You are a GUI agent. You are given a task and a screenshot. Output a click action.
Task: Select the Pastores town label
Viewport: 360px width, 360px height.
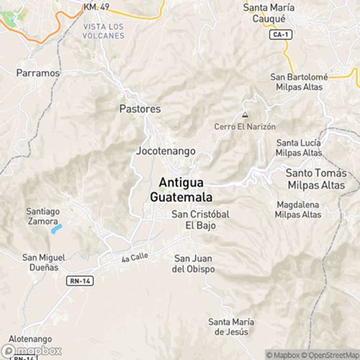[x=140, y=109]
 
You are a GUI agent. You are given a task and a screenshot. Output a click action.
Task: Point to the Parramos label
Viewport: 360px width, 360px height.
[x=37, y=73]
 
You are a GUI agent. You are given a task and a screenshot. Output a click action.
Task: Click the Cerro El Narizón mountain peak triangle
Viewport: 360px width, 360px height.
[x=246, y=114]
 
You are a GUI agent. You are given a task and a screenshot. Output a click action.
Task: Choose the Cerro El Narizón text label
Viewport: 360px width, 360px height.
[x=246, y=126]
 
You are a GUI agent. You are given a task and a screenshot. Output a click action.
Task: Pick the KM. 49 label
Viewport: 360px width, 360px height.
[x=96, y=6]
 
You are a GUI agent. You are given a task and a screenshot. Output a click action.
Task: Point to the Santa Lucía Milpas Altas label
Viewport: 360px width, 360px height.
[x=299, y=148]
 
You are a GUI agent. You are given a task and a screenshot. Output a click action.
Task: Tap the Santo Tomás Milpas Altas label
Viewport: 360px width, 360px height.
[x=316, y=180]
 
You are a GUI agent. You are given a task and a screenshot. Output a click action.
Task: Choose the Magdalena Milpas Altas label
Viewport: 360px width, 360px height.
[x=298, y=210]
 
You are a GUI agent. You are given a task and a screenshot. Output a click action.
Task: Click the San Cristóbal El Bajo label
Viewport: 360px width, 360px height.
[x=202, y=220]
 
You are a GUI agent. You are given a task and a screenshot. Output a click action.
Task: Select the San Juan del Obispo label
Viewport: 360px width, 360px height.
[x=194, y=264]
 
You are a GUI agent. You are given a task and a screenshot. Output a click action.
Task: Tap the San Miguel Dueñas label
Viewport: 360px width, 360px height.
[x=44, y=262]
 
